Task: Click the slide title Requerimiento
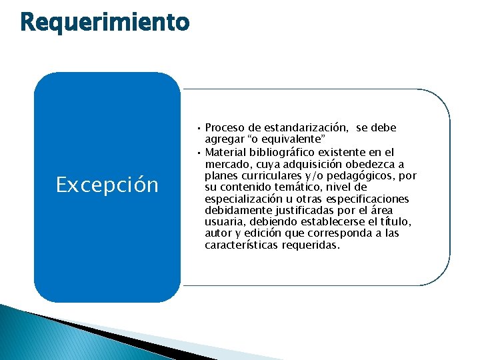click(105, 23)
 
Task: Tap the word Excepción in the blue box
click(107, 185)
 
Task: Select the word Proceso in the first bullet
click(225, 127)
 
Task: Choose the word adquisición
click(312, 164)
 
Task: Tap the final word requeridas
click(311, 245)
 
